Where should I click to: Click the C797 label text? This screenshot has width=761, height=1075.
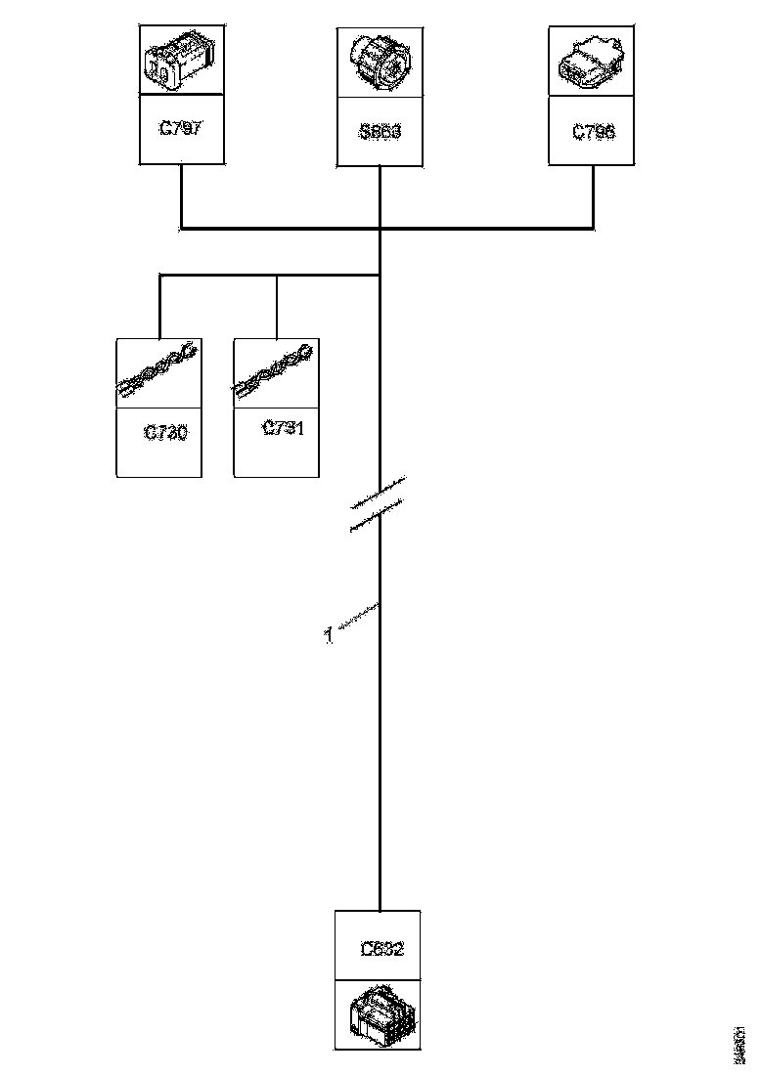coord(181,127)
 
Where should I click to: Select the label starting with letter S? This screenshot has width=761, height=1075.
coord(380,131)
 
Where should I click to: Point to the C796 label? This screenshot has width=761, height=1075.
coord(594,131)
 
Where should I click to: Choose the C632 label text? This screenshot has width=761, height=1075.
coord(381,948)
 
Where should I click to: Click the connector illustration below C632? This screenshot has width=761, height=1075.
coord(379,1016)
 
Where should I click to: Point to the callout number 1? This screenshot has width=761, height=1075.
coord(329,636)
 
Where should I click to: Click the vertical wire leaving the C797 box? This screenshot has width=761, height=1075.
coord(181,195)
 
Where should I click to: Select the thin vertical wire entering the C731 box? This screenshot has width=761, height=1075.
coord(277,307)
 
